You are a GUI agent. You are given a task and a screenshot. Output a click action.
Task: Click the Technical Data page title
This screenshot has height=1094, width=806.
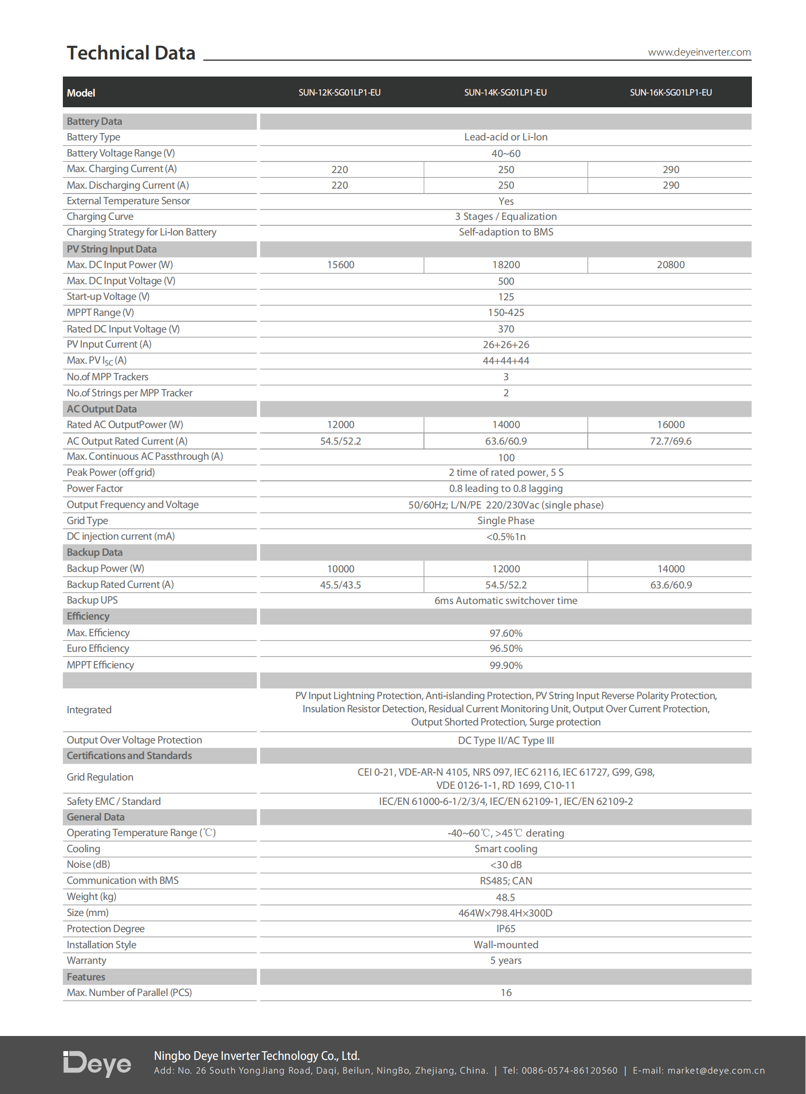[x=131, y=53]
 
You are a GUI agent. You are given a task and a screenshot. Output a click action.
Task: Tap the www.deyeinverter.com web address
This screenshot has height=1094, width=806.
[x=699, y=52]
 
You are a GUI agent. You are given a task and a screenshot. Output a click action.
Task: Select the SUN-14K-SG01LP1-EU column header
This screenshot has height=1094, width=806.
[x=505, y=92]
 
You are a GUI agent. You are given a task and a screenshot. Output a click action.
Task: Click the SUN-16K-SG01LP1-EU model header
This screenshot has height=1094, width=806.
[x=671, y=92]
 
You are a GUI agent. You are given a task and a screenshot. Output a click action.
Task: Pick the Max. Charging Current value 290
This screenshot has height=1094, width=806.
[x=671, y=169]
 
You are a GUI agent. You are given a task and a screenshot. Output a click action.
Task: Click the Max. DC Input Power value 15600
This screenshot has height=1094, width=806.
[x=340, y=265]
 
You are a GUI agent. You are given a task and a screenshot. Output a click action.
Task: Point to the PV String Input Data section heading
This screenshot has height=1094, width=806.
[x=112, y=249]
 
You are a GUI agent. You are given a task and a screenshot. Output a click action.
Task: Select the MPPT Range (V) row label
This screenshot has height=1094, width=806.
[x=100, y=313]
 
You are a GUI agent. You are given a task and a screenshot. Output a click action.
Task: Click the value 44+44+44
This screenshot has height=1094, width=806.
[x=505, y=361]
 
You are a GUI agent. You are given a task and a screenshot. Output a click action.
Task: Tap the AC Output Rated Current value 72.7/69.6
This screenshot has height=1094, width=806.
[x=671, y=441]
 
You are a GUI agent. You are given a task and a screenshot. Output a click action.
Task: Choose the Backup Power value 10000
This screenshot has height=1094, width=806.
[x=340, y=569]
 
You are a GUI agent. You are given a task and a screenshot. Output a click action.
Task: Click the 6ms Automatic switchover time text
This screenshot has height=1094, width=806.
[x=505, y=601]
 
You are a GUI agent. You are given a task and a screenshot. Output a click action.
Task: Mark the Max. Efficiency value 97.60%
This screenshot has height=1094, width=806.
[x=505, y=633]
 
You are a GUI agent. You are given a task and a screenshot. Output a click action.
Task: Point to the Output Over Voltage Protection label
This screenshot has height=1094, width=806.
[x=134, y=740]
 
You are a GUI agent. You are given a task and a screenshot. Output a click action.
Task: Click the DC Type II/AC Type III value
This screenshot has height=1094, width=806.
[x=505, y=741]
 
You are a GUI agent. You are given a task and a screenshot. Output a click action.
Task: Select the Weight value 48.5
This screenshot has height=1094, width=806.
[x=505, y=897]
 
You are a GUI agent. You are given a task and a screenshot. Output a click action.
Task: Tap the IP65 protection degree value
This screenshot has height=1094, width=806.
[x=505, y=929]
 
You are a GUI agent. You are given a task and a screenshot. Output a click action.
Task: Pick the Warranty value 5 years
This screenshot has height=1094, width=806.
[x=505, y=960]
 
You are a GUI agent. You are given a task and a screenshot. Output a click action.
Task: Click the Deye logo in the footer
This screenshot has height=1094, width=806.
[x=97, y=1064]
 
